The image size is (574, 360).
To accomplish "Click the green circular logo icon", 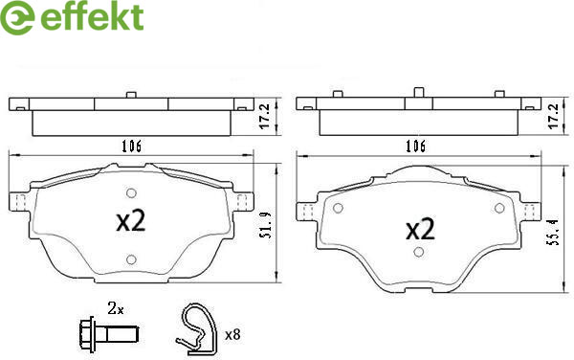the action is [x=17, y=17].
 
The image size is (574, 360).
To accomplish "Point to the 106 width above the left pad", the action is [x=131, y=146].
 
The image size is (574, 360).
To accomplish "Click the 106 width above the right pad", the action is [x=415, y=146].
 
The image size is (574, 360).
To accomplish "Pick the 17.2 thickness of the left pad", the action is [x=265, y=116].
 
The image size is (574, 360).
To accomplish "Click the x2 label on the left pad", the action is [x=131, y=221].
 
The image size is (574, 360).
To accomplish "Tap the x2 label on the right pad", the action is [x=420, y=229].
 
